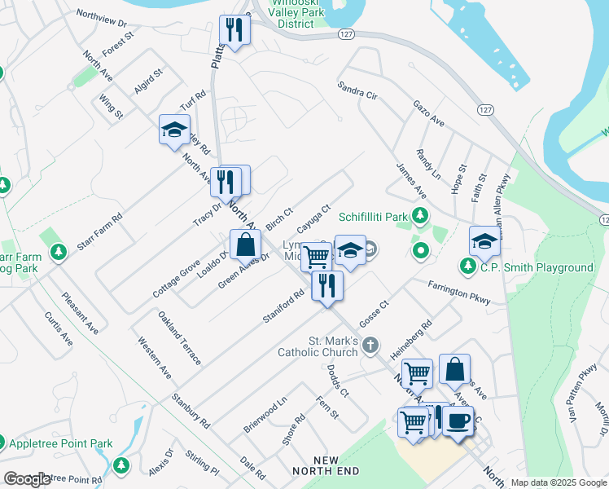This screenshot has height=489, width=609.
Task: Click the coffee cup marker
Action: coord(458,421)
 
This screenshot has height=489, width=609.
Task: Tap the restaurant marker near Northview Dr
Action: coord(235,31)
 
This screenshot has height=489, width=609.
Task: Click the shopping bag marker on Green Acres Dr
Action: coord(245,244)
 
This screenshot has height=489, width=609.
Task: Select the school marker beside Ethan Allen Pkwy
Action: coord(484,242)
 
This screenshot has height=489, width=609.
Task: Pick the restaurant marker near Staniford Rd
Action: coord(327,285)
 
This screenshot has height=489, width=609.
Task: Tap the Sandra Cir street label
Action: coord(357,90)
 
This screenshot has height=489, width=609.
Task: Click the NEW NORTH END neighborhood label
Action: coord(326,466)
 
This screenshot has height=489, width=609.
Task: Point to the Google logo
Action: coord(28,480)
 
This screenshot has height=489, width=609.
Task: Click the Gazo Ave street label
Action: coord(428,114)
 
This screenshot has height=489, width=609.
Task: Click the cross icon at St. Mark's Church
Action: coord(370,344)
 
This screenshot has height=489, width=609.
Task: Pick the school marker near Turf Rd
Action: coord(174,130)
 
